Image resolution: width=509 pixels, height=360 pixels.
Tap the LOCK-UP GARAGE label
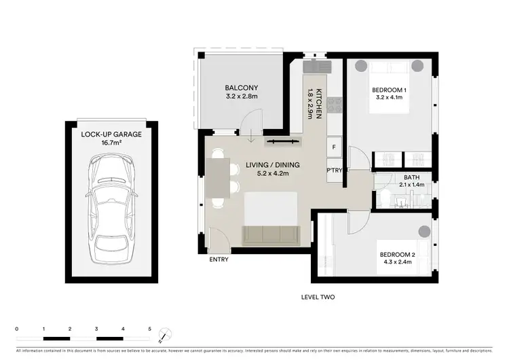pos(111,134)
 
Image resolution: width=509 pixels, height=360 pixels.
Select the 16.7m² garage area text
pos(111,144)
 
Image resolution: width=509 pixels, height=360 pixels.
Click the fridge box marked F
pos(334,147)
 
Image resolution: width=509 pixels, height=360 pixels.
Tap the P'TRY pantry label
pos(334,170)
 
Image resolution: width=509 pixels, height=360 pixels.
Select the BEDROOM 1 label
pos(389,90)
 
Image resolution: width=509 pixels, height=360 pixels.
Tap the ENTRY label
pos(219,259)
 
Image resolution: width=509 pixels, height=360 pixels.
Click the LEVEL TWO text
pos(318,297)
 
